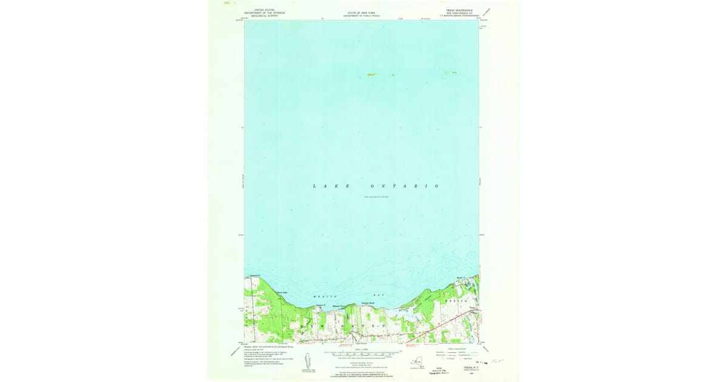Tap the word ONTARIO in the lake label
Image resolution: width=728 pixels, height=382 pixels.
click(403, 186)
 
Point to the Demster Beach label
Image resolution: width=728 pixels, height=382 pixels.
click(369, 303)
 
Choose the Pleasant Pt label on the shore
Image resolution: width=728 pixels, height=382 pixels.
click(321, 304)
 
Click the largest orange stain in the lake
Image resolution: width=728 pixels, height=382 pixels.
click(372, 75)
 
